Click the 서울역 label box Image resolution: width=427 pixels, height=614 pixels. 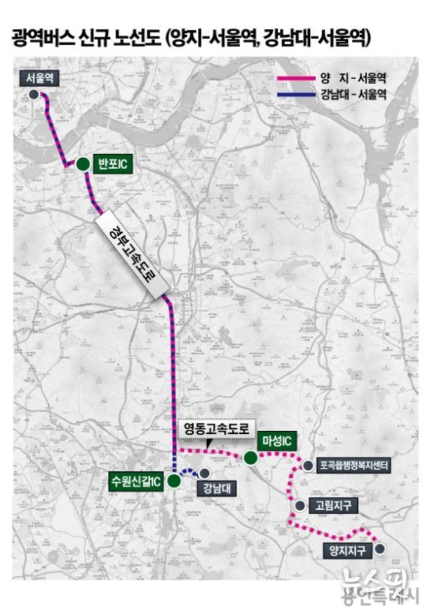coord(38,77)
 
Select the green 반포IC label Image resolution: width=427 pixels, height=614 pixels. coord(111,163)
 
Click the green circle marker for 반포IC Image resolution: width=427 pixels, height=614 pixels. coord(82,164)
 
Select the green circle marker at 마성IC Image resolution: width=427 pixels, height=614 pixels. coord(250,457)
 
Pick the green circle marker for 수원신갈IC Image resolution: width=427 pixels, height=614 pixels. coord(174,481)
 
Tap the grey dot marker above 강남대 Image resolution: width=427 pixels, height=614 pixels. coord(204,473)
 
